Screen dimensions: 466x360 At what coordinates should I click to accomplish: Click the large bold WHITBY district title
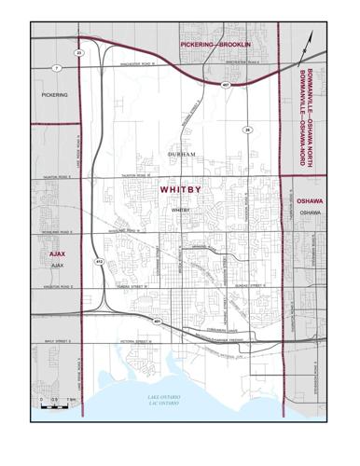[180, 189]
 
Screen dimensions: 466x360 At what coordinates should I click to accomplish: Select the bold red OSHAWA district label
[310, 201]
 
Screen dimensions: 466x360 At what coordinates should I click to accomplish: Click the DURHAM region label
[182, 153]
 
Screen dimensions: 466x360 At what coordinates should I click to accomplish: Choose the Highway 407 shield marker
[226, 85]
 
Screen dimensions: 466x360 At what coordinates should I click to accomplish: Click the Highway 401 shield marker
[158, 322]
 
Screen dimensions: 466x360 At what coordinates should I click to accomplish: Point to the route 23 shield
[79, 53]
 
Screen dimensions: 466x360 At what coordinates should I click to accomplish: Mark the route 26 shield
[247, 129]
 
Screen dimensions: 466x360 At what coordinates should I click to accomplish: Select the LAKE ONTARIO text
[164, 398]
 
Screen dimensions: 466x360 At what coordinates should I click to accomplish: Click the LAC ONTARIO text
[164, 404]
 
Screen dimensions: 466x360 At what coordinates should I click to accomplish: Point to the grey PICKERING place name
[55, 95]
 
